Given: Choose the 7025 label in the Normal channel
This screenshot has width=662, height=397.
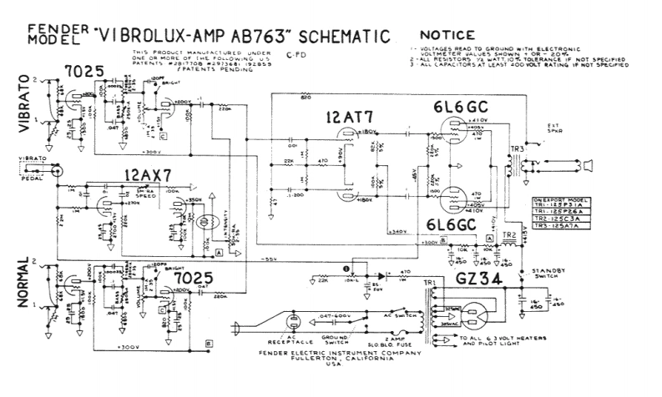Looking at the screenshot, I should (189, 276).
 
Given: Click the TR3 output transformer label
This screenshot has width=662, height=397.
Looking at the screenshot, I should (518, 148).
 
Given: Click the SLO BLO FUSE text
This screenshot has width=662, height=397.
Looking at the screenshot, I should (407, 344).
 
